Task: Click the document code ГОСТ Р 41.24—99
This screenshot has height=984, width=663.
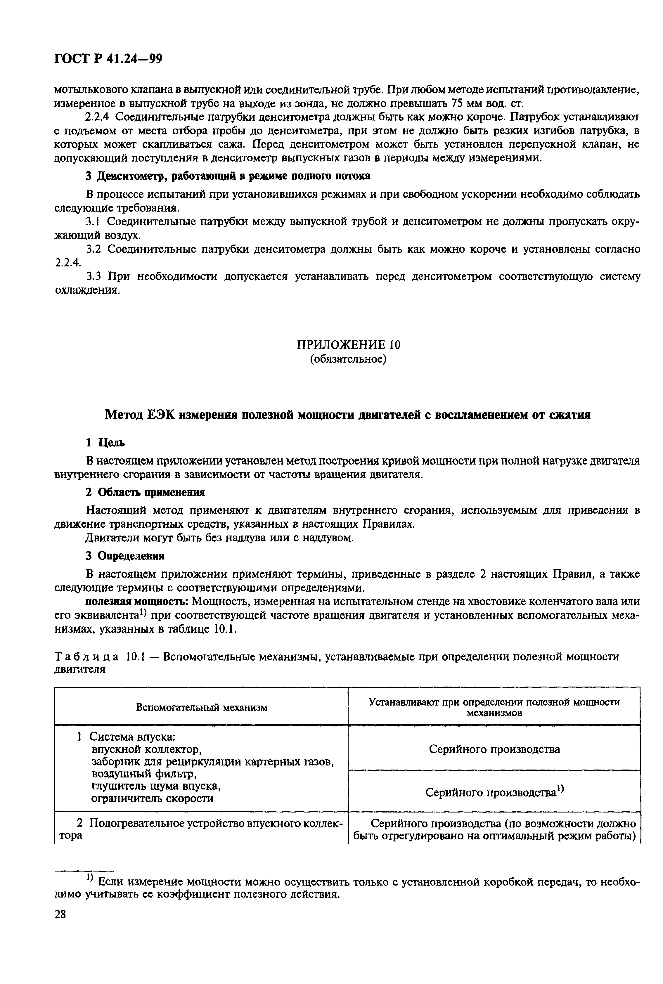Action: click(108, 59)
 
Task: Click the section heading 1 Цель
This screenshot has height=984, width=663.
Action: click(105, 443)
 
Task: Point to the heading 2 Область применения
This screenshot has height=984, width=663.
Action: click(145, 492)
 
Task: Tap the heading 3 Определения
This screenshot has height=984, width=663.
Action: click(125, 555)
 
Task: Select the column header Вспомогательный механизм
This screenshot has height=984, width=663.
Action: click(202, 707)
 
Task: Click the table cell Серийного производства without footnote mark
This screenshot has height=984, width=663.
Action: click(494, 749)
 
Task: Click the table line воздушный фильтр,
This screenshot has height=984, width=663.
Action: click(145, 774)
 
